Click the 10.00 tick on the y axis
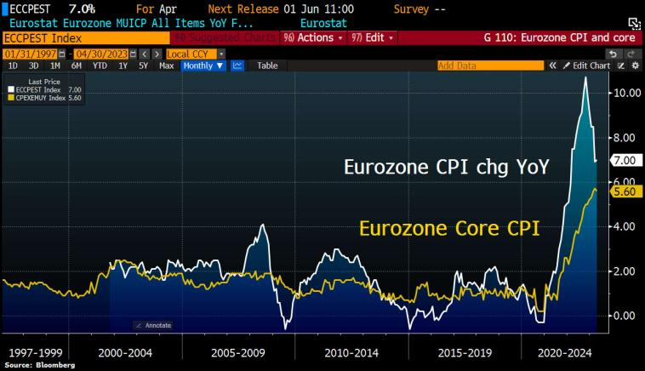(x=626, y=93)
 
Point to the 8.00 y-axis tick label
(x=626, y=138)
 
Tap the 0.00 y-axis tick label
(x=626, y=316)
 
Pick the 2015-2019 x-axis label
(x=465, y=351)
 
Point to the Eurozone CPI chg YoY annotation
(x=446, y=167)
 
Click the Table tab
(x=267, y=66)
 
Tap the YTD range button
(x=100, y=66)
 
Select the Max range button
(x=167, y=66)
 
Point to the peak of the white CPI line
(x=585, y=77)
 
